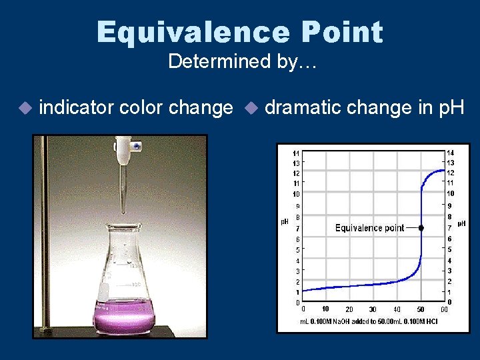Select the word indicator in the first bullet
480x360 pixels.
pos(76,107)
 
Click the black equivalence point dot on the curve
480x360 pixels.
pos(421,228)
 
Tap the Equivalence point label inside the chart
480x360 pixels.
pos(369,228)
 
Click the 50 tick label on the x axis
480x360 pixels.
pos(421,309)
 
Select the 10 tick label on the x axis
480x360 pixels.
pos(325,309)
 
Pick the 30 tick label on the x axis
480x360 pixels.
pos(373,309)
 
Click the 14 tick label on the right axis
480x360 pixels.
pos(451,153)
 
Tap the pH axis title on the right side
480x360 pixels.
pos(461,223)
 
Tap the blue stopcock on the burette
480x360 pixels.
pos(135,145)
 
